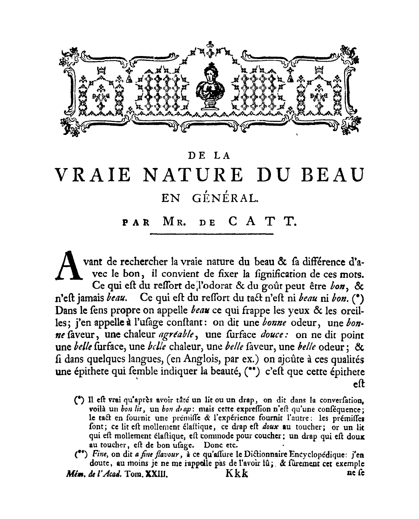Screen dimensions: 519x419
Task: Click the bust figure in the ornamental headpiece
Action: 209,86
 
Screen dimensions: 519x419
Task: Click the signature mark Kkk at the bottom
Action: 237,474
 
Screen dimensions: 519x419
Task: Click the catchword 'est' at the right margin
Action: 358,384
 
